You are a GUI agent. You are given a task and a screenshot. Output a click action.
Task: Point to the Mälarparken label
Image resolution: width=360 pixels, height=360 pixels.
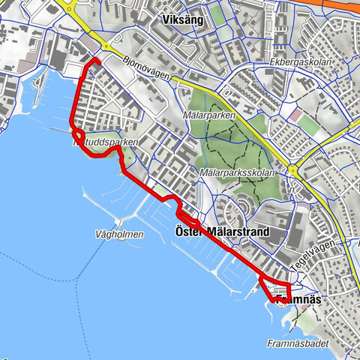pyautogui.click(x=209, y=115)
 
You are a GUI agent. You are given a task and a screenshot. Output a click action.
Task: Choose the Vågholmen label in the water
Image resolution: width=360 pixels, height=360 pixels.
pyautogui.click(x=119, y=234)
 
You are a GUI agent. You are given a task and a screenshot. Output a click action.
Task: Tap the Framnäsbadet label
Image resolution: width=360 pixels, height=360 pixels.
pyautogui.click(x=292, y=342)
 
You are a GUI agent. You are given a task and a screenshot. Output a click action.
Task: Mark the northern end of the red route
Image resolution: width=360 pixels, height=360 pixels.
pyautogui.click(x=97, y=58)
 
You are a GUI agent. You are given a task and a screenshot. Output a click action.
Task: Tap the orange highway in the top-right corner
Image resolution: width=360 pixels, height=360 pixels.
pyautogui.click(x=337, y=4)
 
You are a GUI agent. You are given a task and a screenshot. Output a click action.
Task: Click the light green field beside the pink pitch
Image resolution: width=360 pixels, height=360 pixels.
pyautogui.click(x=313, y=127)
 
